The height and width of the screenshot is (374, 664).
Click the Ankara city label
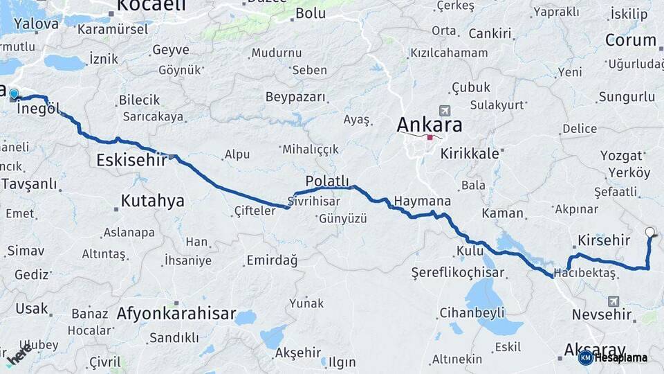(x=429, y=125)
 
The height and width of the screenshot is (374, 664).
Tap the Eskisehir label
(x=131, y=161)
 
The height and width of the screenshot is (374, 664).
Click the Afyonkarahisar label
(x=176, y=312)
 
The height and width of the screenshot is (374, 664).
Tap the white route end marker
(x=649, y=232)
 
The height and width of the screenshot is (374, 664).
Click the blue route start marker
(x=13, y=93)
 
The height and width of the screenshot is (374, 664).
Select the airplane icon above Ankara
(x=444, y=111)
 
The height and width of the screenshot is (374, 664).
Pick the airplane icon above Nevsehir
(x=614, y=301)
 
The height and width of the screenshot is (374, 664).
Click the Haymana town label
(x=422, y=202)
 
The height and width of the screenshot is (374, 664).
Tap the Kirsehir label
(x=602, y=240)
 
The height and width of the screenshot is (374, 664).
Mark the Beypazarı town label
(x=295, y=96)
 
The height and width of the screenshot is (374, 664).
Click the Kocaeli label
(x=151, y=6)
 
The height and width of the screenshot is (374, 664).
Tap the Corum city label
(x=630, y=40)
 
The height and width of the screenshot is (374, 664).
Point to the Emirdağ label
(x=272, y=260)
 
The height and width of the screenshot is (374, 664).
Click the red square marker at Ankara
(x=430, y=137)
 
